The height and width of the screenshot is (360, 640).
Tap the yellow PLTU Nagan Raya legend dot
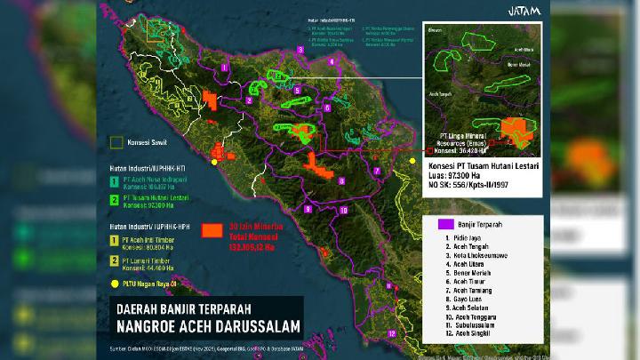(114, 284)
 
